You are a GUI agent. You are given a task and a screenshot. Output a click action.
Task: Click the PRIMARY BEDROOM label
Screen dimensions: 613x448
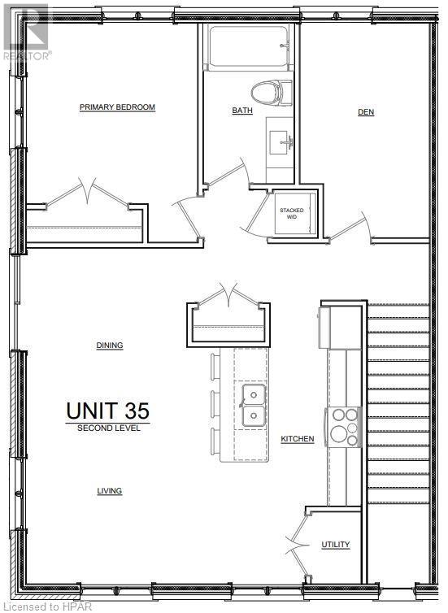pos(117,107)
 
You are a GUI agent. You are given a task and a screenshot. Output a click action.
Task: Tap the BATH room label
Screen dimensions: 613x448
pos(242,111)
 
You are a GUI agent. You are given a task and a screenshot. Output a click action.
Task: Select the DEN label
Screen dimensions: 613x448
pos(366,112)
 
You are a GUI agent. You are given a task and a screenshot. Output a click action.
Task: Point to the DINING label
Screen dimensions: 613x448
pos(110,346)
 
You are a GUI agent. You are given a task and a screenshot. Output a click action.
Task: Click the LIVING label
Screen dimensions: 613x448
pos(110,491)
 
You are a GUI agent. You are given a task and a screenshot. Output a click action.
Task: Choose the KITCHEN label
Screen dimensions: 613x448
pos(298,439)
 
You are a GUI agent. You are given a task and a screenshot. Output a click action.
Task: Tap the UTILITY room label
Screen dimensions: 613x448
pos(335,545)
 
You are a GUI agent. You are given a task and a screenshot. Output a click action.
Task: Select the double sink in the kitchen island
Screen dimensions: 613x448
pos(253,406)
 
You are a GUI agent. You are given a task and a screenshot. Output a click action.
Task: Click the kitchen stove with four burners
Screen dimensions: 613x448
pos(345,426)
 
